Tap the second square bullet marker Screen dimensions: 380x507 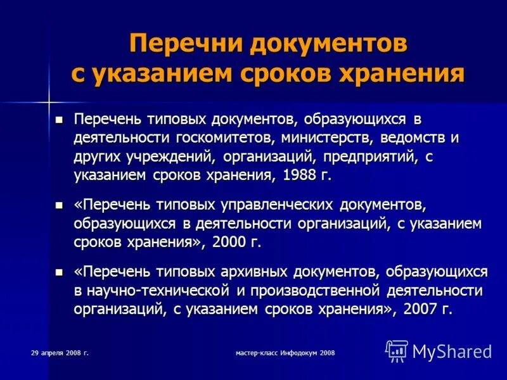pos(60,206)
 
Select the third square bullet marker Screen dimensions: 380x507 pos(60,272)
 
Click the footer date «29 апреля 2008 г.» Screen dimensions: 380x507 pos(60,352)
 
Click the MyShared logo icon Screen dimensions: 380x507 pos(397,351)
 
